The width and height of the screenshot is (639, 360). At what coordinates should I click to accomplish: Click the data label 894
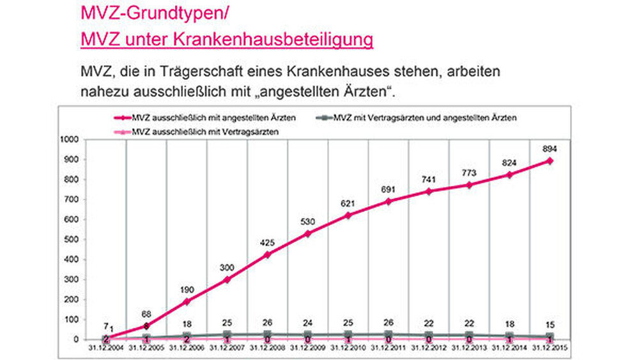[x=549, y=148]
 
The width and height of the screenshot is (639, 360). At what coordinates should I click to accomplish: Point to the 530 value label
[x=307, y=221]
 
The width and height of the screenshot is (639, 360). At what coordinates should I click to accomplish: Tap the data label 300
[x=227, y=267]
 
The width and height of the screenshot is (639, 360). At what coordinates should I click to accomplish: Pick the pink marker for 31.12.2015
[x=550, y=161]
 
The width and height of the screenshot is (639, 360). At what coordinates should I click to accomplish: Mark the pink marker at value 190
[x=187, y=301]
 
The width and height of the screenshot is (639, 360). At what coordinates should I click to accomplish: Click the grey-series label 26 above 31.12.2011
[x=388, y=321]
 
